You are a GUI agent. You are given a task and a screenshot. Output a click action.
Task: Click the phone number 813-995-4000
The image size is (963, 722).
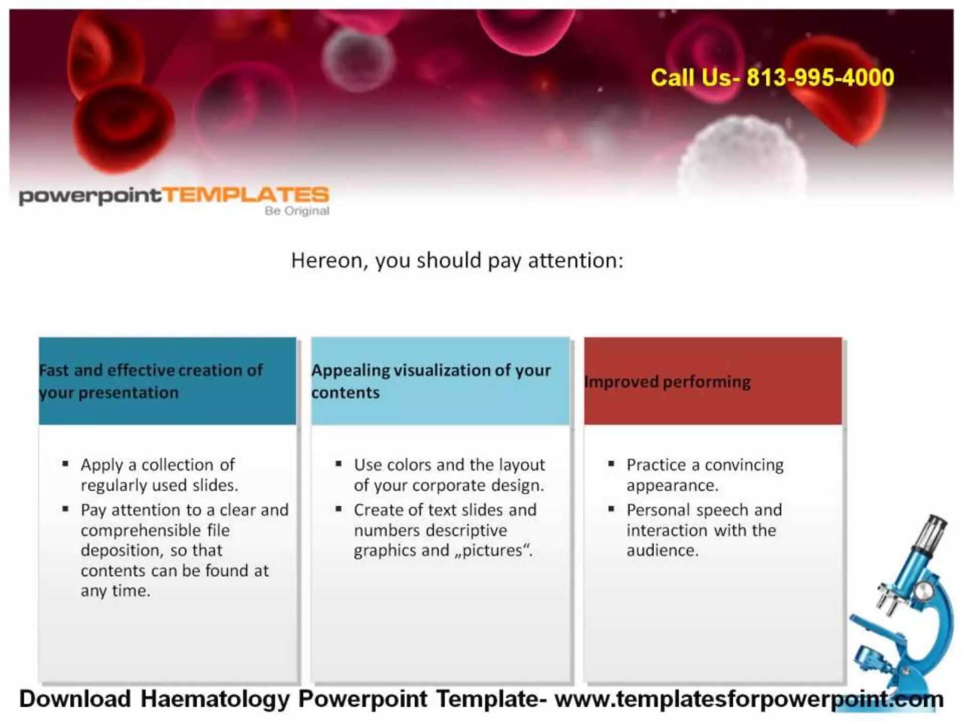click(820, 78)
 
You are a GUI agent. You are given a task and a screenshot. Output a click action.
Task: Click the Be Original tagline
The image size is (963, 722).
click(297, 211)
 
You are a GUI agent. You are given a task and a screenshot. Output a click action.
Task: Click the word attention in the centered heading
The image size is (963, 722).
click(576, 260)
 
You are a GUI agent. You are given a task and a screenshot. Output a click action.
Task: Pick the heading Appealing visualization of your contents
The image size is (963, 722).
click(430, 381)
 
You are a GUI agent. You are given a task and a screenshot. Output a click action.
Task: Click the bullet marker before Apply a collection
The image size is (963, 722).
click(65, 464)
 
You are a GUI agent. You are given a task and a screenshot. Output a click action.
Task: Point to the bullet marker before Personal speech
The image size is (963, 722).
click(611, 509)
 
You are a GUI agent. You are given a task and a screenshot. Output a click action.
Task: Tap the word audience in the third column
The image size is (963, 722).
click(662, 550)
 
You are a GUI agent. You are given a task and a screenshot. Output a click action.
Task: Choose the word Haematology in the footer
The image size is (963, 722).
click(215, 699)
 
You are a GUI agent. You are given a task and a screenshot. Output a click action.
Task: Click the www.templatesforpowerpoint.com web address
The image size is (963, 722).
click(749, 699)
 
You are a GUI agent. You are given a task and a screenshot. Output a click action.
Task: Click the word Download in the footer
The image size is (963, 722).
click(75, 699)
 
